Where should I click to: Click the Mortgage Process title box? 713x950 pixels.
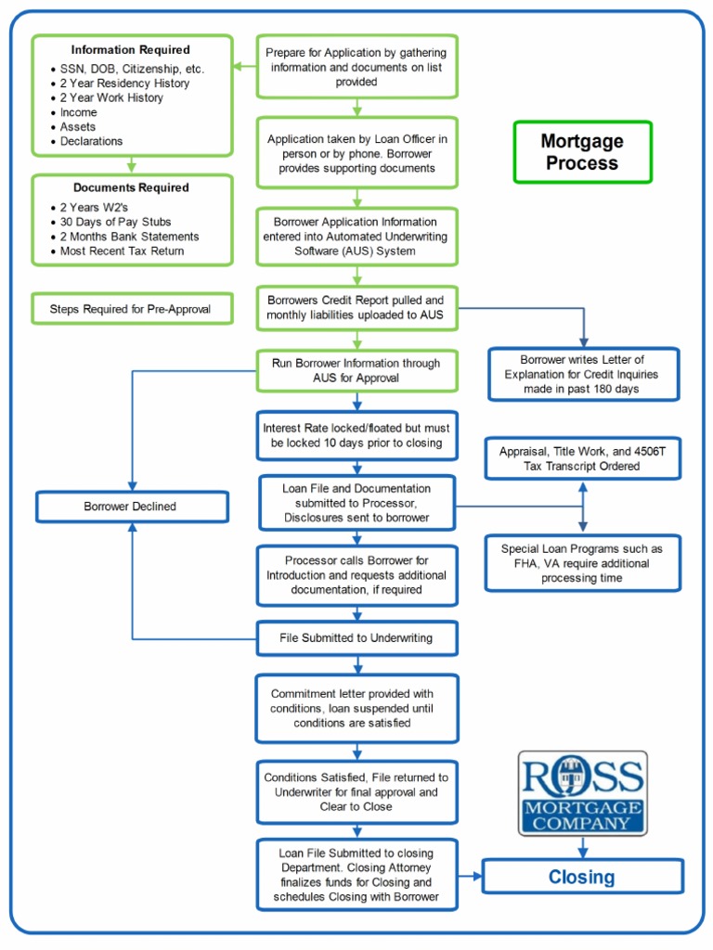pos(582,152)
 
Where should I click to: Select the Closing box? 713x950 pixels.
pos(582,877)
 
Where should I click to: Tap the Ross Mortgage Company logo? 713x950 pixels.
pos(582,794)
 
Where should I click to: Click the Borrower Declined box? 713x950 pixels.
pos(132,507)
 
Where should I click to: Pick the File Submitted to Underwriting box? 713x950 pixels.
pos(357,638)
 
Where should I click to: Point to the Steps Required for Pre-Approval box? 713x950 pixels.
pos(132,307)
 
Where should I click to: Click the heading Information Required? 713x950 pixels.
pos(131,50)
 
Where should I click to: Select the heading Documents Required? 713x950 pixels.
pos(131,187)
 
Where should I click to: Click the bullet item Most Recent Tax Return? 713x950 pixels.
pos(122,250)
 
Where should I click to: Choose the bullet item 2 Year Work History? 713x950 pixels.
pos(111,97)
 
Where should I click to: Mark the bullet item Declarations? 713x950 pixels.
pos(91,141)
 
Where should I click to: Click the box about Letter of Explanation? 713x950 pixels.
pos(583,374)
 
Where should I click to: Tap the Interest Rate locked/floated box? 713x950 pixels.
pos(357,435)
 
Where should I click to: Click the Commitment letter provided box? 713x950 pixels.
pos(357,708)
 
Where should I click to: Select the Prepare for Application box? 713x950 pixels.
pos(357,67)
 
